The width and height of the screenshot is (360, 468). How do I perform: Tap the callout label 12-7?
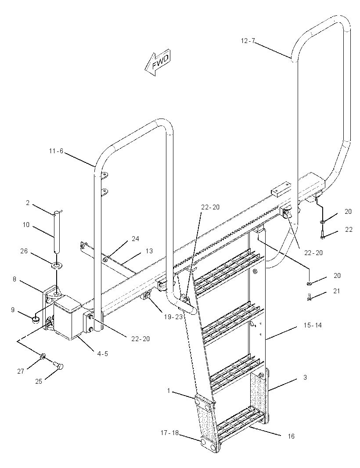[x=248, y=41]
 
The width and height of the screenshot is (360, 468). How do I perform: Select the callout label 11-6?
[x=56, y=151]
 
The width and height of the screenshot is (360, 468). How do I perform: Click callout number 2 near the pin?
[x=28, y=203]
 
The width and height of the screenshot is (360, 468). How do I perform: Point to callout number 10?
[x=26, y=224]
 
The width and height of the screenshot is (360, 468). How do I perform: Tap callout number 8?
[x=14, y=279]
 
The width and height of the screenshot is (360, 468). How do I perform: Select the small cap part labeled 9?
[x=36, y=320]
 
